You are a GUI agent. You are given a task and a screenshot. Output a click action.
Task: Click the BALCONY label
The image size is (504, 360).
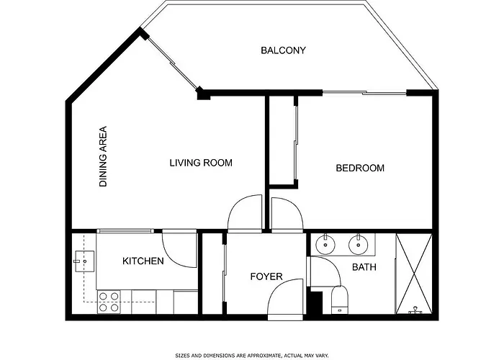(283, 50)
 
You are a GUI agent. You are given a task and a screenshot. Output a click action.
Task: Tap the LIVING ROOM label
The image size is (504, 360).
(201, 163)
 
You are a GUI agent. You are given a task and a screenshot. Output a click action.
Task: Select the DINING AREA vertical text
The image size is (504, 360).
(103, 156)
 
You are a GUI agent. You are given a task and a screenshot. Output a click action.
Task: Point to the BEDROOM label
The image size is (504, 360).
(360, 168)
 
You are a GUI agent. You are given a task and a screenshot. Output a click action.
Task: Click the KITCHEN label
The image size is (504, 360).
(143, 261)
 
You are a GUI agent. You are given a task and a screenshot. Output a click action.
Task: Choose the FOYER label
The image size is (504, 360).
(266, 276)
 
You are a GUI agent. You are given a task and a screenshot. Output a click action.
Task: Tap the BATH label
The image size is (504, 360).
(364, 267)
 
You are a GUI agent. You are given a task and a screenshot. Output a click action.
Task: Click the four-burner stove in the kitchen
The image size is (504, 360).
(109, 302)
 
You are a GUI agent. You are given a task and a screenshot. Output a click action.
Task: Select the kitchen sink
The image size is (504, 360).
(84, 261)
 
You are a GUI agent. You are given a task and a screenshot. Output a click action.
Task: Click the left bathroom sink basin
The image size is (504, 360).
(325, 244)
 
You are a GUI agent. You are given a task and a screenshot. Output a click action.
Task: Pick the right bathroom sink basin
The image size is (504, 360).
(359, 244)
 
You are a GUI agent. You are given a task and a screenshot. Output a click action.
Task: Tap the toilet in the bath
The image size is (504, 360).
(340, 300)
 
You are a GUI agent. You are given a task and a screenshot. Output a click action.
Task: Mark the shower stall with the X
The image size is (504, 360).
(414, 274)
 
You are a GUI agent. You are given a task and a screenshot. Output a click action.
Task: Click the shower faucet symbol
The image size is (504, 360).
(415, 310)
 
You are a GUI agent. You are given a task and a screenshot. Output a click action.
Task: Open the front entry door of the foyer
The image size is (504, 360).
(285, 299)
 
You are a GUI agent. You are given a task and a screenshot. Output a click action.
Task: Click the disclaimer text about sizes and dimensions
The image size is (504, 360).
(252, 355)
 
